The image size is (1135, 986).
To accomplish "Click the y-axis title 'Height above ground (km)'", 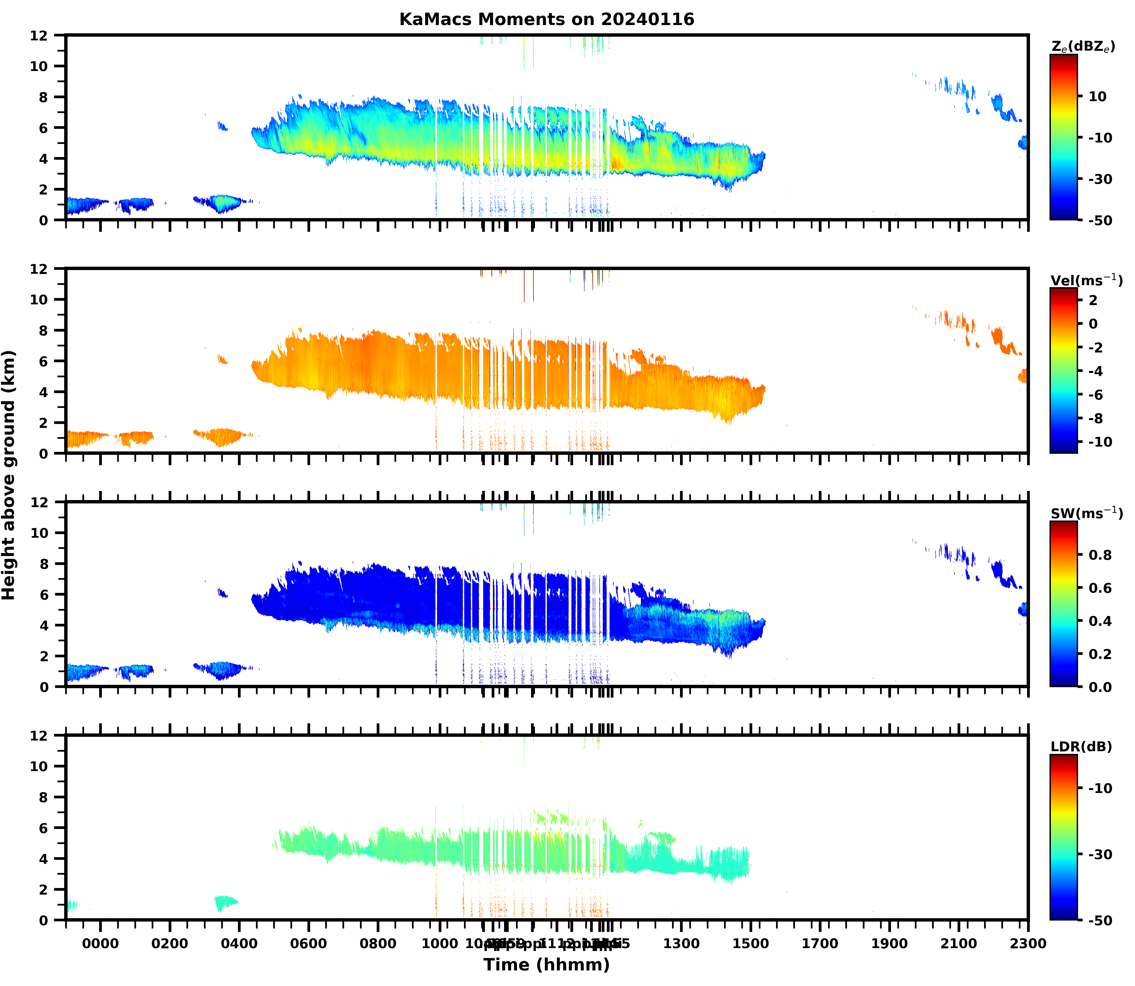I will pos(9,475).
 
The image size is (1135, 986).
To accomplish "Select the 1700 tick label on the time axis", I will pos(820,944).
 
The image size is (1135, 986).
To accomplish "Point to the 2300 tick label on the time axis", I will pos(1028,944).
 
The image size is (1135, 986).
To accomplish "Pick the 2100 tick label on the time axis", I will pos(958,944).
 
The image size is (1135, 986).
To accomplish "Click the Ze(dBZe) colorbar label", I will pos(1083,47).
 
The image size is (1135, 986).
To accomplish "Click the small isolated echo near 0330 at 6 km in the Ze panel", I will pos(222,127).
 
